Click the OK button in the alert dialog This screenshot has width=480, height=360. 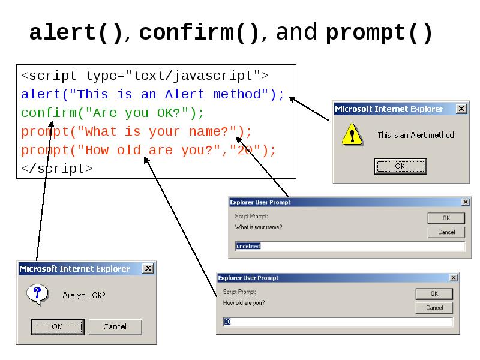pos(400,166)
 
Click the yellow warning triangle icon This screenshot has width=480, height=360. pos(352,134)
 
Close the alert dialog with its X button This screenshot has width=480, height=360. pos(461,109)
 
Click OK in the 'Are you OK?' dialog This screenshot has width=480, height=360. pos(56,326)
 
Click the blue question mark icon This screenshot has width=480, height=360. pos(37,294)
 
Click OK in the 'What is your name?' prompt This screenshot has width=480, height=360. pos(446,218)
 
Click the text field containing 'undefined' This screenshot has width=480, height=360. pos(350,247)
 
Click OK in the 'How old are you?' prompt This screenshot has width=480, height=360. pos(434,294)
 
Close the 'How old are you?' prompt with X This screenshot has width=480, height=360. pos(454,278)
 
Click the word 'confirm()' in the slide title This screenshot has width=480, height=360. pos(200,33)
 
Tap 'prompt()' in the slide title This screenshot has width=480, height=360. pos(379,33)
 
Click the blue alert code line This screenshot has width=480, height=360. pos(152,94)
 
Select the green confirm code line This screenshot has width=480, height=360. pos(112,113)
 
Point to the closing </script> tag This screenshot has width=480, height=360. pos(57,169)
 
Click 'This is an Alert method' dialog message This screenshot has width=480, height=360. pos(415,135)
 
